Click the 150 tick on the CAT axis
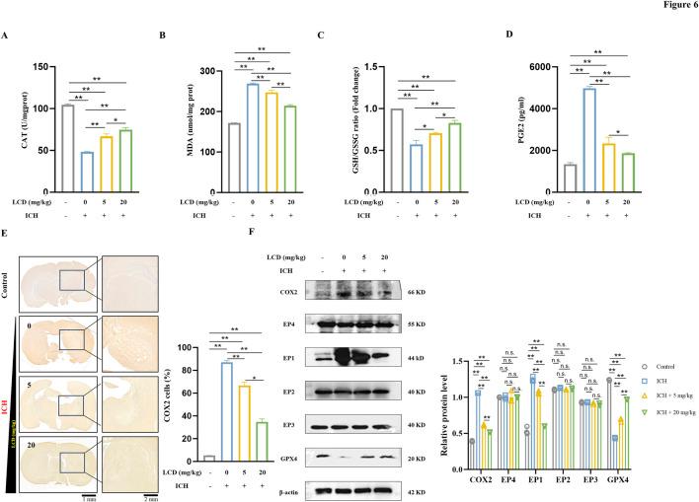(x=38, y=67)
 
